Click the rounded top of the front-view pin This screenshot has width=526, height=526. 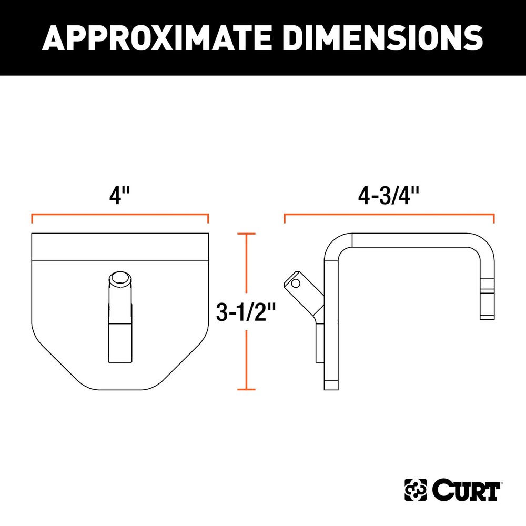coord(120,277)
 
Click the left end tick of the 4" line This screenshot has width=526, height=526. coord(33,219)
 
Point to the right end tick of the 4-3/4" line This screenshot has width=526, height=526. coord(494,219)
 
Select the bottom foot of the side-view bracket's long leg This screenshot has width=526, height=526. coord(332,384)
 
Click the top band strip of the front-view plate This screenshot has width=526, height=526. coord(120,247)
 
